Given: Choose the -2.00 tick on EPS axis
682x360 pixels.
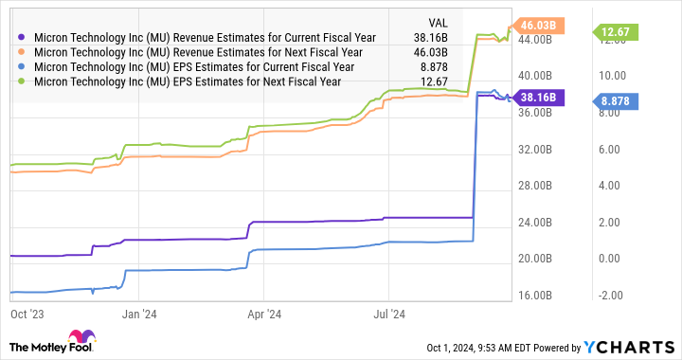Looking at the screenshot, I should (605, 296).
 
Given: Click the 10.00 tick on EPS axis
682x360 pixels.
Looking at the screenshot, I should (605, 76).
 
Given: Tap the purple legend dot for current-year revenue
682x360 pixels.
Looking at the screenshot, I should (22, 37).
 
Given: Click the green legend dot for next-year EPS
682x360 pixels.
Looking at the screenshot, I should (22, 82).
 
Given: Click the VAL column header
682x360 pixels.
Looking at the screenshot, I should (438, 21).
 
